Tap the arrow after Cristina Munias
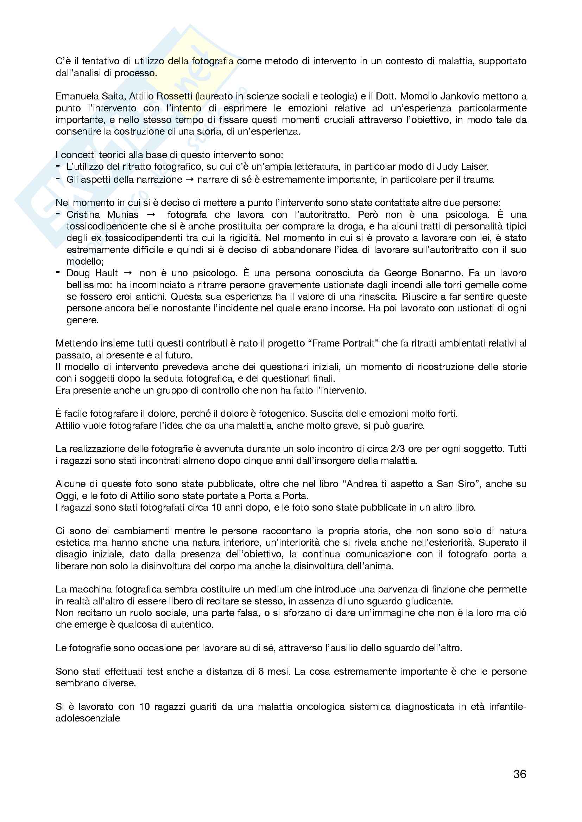point(152,215)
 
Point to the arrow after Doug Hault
point(128,273)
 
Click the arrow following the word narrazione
point(190,180)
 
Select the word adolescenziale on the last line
point(88,719)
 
